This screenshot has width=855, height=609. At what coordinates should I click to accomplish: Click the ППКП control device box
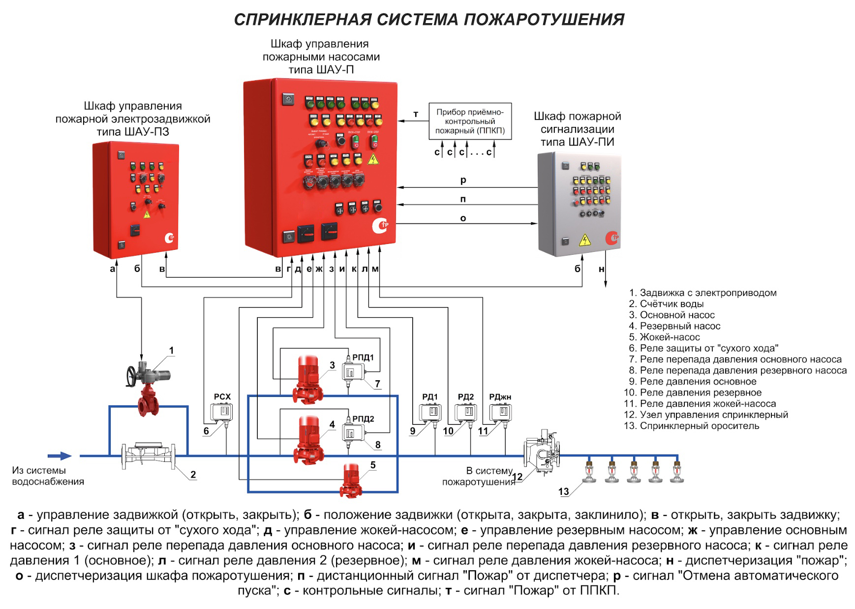point(470,121)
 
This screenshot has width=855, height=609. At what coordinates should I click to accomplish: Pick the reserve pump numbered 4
point(308,440)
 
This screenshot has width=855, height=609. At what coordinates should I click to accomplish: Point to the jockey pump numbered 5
point(350,480)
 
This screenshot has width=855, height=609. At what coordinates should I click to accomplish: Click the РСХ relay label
point(222,396)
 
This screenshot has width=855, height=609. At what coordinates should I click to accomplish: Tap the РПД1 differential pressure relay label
point(363,358)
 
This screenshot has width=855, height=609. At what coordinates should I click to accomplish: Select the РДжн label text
point(500,396)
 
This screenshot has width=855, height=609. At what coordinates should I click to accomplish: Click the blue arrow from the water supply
point(60,456)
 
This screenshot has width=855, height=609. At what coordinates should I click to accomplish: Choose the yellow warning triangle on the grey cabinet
point(585,240)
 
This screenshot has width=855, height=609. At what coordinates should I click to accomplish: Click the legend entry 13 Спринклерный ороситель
point(691,426)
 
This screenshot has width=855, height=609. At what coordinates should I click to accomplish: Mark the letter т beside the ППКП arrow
point(416,114)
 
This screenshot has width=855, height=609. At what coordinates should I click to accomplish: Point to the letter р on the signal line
point(463,181)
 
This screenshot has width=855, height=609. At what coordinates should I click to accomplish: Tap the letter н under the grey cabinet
point(601,269)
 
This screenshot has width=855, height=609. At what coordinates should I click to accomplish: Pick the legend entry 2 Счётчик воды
point(666,304)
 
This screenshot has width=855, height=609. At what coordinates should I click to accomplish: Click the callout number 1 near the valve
point(171,350)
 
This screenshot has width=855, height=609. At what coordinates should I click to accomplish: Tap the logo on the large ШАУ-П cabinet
point(380,226)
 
